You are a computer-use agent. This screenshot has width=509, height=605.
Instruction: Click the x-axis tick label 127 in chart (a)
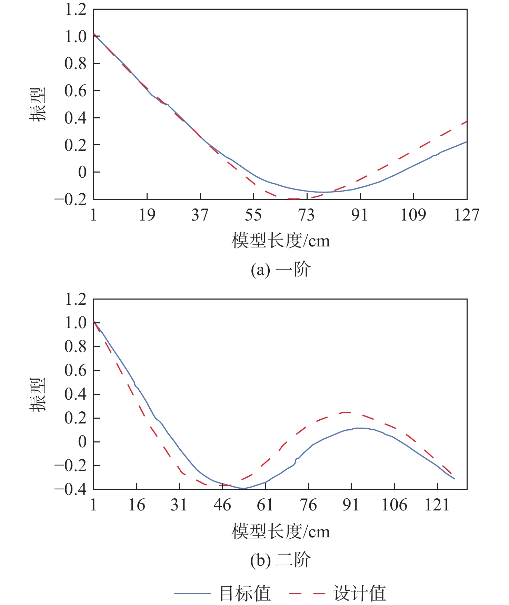pos(467,215)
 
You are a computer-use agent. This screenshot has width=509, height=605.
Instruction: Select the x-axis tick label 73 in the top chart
pos(307,215)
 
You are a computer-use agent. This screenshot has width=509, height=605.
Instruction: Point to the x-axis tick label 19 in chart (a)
pos(147,215)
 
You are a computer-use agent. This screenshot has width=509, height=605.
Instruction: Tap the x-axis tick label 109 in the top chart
pos(413,215)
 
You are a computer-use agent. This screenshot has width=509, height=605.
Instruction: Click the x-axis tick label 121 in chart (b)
pos(437,505)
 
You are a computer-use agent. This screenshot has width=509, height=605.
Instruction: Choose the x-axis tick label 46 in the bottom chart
pos(222,505)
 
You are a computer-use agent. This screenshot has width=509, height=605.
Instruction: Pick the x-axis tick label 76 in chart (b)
pos(308,505)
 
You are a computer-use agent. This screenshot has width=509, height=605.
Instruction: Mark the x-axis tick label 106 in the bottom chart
pos(394,505)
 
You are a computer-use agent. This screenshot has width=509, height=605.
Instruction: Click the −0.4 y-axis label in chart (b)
pos(70,489)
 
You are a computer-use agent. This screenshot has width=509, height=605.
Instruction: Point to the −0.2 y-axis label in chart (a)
pos(70,199)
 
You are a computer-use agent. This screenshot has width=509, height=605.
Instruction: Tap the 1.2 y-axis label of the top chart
pos(76,9)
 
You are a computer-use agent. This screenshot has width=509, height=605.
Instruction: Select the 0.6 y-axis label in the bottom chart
pos(76,370)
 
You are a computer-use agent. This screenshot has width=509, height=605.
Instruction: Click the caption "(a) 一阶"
pos(281,270)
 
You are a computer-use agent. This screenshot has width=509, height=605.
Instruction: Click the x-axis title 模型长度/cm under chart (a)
pos(281,241)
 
